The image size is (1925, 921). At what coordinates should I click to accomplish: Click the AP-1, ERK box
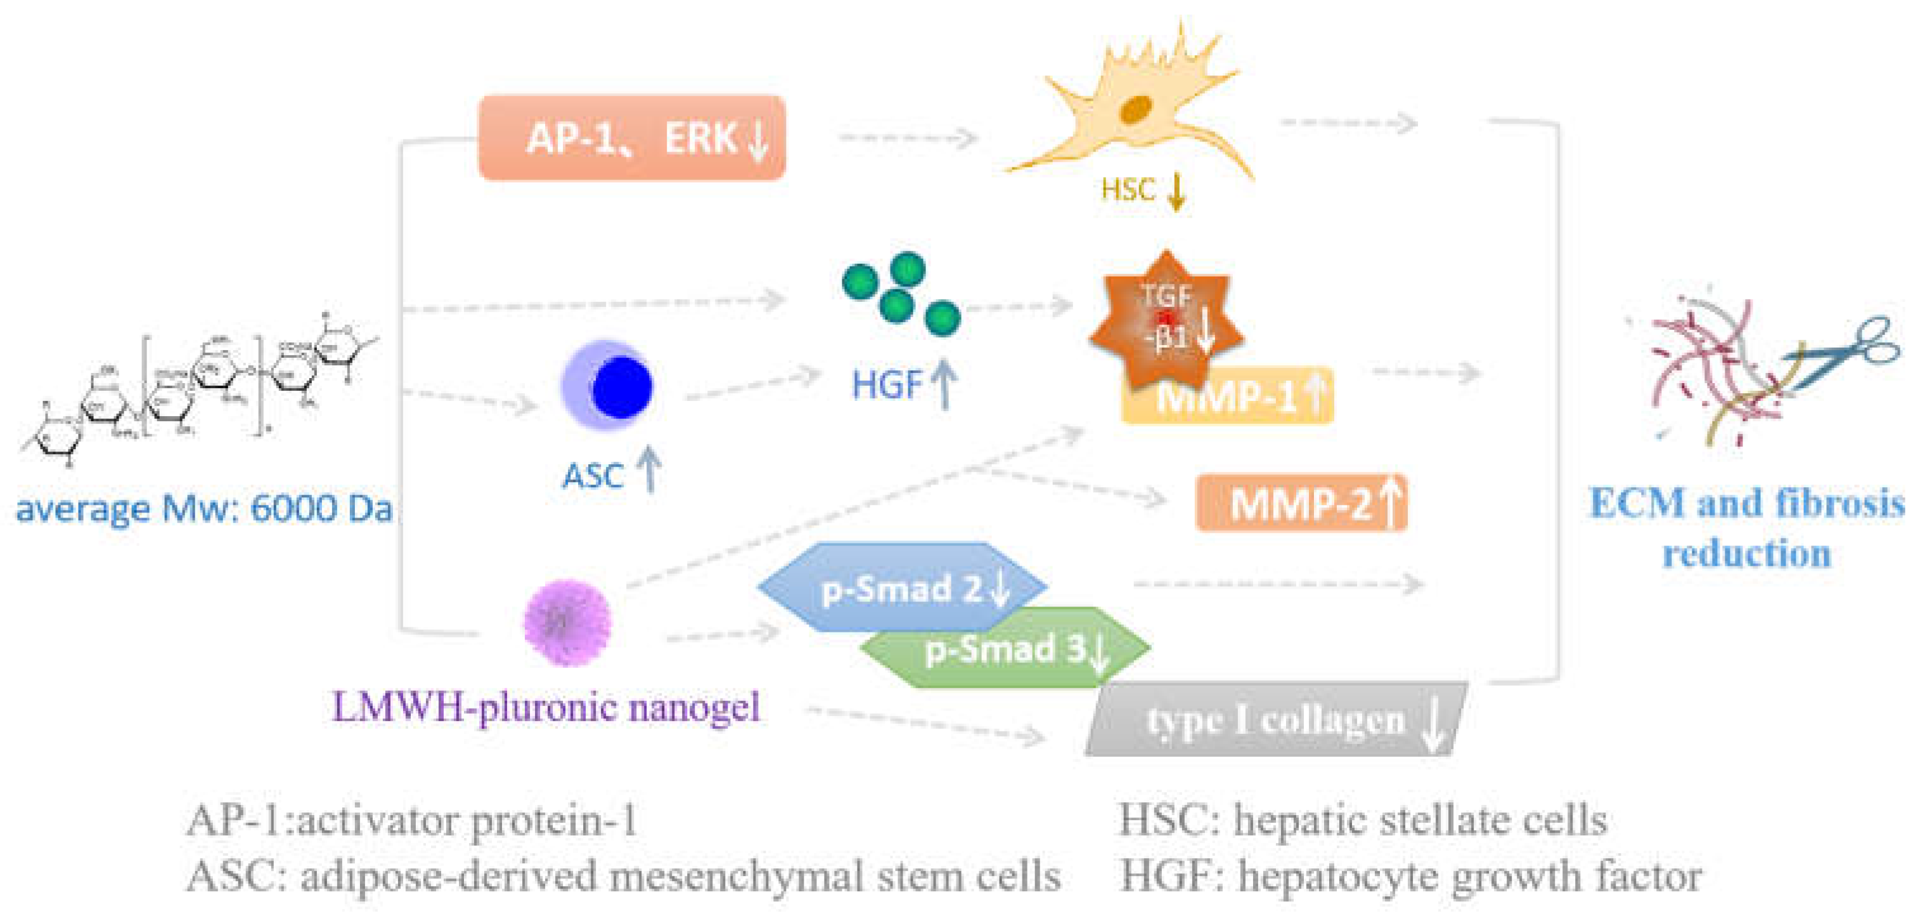tap(631, 138)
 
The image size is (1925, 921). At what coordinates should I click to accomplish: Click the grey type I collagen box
tap(1275, 719)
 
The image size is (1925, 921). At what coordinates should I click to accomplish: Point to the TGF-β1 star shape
tap(1166, 322)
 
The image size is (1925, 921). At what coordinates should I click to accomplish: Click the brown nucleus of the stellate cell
tap(1135, 110)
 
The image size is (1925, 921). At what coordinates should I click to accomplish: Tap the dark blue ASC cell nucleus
tap(621, 387)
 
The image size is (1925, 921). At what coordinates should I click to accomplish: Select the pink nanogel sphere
tap(567, 622)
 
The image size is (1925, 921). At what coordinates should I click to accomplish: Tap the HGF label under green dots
tap(886, 386)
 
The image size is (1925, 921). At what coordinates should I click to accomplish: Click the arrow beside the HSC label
tap(1176, 191)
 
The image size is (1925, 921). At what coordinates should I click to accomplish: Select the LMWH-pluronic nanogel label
tap(546, 707)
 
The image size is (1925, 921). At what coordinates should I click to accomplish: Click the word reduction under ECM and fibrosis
tap(1746, 554)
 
